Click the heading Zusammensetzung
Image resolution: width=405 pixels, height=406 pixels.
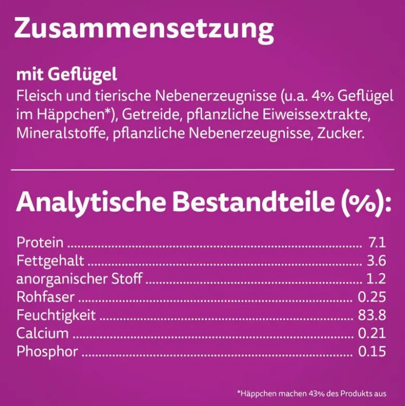click(x=144, y=30)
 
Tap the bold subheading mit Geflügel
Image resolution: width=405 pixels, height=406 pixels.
click(x=67, y=75)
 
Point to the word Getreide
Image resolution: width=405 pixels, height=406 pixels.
click(x=151, y=115)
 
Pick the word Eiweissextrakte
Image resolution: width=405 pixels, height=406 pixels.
click(x=317, y=115)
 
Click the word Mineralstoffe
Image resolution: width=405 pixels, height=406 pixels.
click(x=61, y=134)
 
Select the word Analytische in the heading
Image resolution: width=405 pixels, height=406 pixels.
click(x=91, y=202)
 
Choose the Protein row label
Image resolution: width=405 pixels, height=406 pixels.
click(x=40, y=242)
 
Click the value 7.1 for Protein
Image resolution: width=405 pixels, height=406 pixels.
click(x=377, y=242)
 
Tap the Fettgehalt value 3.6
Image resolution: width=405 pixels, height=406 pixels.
click(x=376, y=260)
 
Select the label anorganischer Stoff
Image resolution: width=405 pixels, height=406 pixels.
click(x=79, y=279)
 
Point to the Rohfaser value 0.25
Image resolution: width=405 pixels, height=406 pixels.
click(x=372, y=297)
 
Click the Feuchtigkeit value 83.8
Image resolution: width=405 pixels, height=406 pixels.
click(x=372, y=315)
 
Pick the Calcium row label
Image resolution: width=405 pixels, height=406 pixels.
click(x=43, y=333)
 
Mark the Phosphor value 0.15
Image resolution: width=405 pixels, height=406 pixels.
click(x=372, y=351)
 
